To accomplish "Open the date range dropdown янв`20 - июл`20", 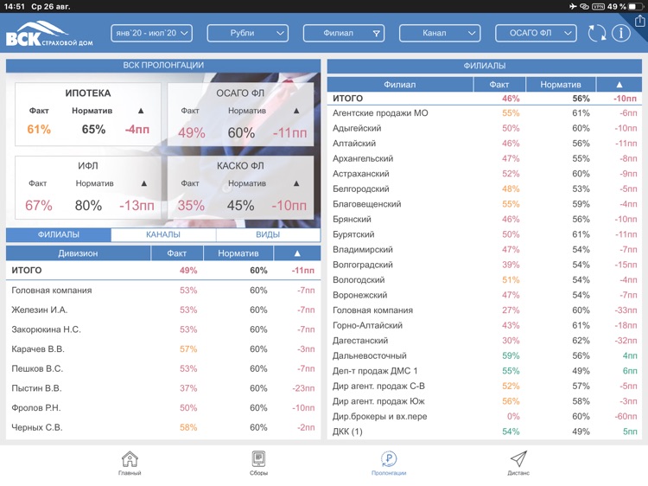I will click(x=151, y=34).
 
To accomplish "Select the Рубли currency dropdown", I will click(x=247, y=34).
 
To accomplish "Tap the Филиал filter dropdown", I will click(x=343, y=34).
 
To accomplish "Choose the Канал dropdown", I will click(x=439, y=34).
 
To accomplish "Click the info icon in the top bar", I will click(x=620, y=34).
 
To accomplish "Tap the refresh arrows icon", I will click(x=596, y=34).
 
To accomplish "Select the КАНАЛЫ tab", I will click(x=163, y=234).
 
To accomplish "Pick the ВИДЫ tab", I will click(x=268, y=234).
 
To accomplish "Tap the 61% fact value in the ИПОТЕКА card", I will click(x=39, y=130).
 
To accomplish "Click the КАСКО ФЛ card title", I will click(x=240, y=166).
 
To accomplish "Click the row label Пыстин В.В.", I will click(x=36, y=388).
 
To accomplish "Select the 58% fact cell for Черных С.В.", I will click(x=188, y=428).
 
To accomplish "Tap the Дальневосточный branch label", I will click(x=369, y=355).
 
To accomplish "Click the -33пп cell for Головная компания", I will click(x=622, y=310).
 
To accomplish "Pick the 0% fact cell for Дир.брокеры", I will click(x=514, y=416).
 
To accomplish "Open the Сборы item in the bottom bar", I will click(x=258, y=463).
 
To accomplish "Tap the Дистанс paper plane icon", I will click(x=518, y=460).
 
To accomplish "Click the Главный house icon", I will click(x=130, y=460).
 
